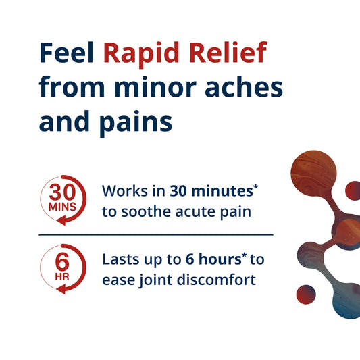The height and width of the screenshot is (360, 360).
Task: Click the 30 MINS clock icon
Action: tap(63, 201)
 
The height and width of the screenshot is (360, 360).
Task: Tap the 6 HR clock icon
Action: tap(63, 268)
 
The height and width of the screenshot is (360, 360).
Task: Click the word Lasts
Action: tap(122, 259)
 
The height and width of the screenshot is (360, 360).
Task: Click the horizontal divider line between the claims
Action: tap(155, 234)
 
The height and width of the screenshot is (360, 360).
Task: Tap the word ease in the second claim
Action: tap(116, 279)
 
